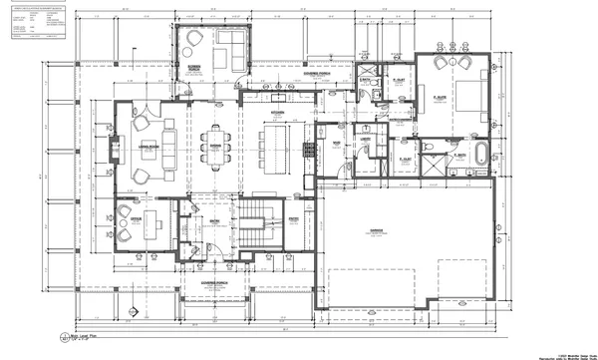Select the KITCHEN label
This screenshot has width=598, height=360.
[276, 113]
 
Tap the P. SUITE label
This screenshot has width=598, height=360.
[439, 96]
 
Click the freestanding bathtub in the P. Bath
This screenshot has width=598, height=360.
[483, 156]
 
